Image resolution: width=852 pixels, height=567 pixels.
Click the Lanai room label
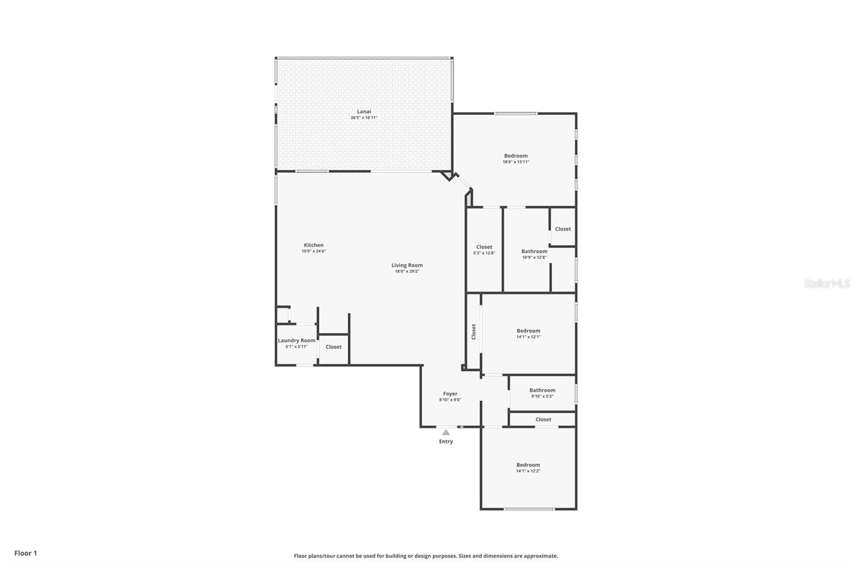click(x=364, y=112)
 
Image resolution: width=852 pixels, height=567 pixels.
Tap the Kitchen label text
click(x=314, y=245)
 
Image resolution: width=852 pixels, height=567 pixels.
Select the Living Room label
click(x=407, y=265)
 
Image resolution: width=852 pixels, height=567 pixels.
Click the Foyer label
click(x=450, y=394)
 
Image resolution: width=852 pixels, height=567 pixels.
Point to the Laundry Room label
click(x=297, y=340)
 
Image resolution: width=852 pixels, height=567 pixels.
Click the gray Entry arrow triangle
click(x=446, y=432)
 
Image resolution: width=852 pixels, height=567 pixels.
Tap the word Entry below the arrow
click(x=446, y=441)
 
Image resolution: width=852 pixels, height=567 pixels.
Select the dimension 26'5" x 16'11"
click(x=364, y=118)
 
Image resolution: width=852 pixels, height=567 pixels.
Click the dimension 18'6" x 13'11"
click(x=515, y=162)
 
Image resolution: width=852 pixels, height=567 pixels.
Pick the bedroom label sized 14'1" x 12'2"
click(x=528, y=465)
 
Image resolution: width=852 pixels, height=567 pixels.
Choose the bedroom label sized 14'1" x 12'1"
click(x=528, y=331)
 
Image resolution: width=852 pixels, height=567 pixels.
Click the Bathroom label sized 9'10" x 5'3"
click(x=542, y=390)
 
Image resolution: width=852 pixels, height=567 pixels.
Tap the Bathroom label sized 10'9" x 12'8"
click(x=534, y=252)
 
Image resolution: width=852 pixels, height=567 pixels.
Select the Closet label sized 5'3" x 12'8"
click(x=484, y=247)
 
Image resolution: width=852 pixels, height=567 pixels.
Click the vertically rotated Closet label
click(x=473, y=332)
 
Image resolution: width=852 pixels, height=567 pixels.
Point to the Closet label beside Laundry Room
click(x=333, y=347)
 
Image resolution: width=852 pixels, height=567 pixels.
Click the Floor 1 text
click(x=26, y=553)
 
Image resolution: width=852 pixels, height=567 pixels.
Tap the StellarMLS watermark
click(x=826, y=284)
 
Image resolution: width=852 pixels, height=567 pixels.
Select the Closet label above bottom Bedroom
click(x=543, y=420)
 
